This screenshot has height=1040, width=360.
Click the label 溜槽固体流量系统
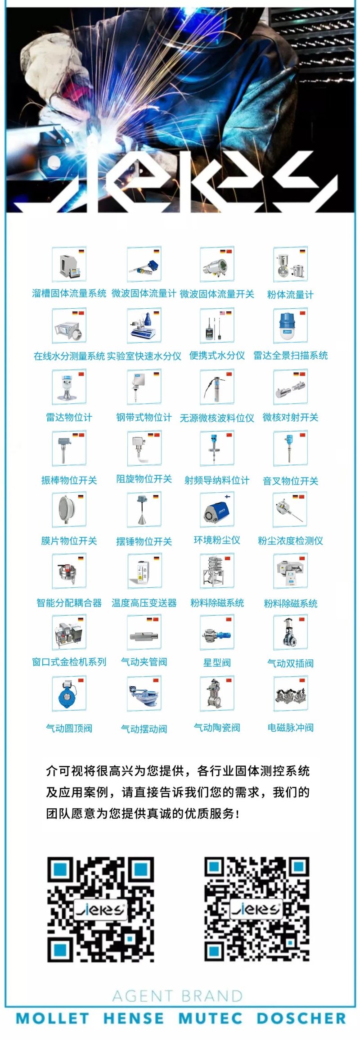coord(69,293)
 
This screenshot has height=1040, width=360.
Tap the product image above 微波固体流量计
coord(144,265)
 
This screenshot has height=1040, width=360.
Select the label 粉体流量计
coord(290,295)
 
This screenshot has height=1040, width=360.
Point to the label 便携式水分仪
coord(217,356)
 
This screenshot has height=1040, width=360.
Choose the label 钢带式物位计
coord(144,417)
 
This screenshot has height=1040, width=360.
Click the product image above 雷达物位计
coord(69,387)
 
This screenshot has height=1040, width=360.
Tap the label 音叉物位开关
coord(290,481)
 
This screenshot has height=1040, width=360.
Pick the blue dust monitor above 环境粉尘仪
coord(217,511)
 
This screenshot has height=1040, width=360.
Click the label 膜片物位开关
coord(69,540)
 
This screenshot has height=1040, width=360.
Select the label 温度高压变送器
coord(144,603)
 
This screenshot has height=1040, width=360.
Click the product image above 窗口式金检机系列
coord(69,632)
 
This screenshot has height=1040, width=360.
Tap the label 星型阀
coord(217,662)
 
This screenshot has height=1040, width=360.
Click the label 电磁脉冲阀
coord(290,728)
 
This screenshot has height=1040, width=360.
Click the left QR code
coord(101,909)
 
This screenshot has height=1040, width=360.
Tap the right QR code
coord(257,909)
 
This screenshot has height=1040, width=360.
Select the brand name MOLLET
coord(52,1018)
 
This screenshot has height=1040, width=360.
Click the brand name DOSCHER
coord(301,1018)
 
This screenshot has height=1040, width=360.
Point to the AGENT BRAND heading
coord(177,996)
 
